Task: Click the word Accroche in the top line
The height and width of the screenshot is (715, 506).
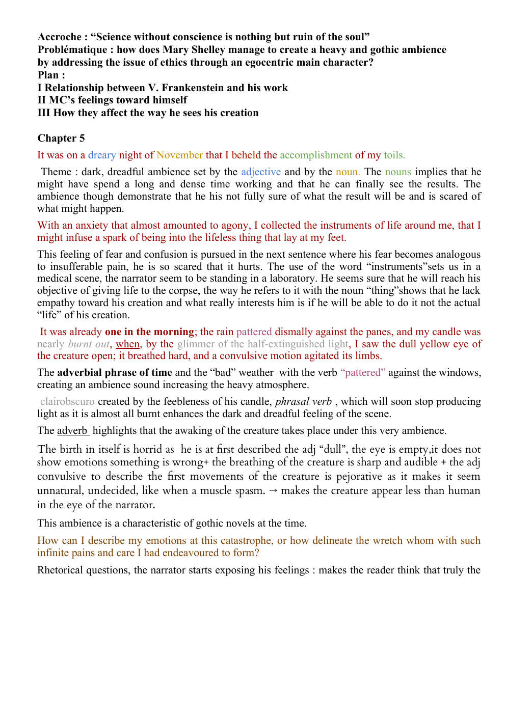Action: tap(59, 37)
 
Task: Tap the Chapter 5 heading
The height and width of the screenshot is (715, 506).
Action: tap(61, 139)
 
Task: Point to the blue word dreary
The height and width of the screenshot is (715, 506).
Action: tap(102, 155)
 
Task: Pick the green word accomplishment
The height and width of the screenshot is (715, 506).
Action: tap(315, 155)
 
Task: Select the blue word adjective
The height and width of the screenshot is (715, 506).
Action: tap(261, 172)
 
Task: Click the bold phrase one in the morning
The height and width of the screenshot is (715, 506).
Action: tap(149, 332)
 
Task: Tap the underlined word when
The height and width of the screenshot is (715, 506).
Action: tap(127, 344)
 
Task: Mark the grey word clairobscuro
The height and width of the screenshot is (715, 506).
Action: tap(67, 402)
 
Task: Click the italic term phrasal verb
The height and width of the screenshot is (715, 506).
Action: tap(303, 402)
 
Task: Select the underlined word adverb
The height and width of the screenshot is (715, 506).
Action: tap(73, 431)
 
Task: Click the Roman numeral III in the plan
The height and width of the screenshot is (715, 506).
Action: tap(44, 113)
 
